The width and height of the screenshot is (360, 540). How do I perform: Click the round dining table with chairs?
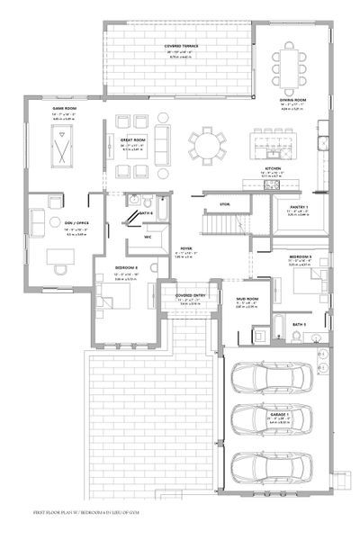209,144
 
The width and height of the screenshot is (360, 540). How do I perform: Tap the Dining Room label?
293,100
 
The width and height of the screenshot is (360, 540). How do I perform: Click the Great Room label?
134,140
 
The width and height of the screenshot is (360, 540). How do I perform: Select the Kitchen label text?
274,168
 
